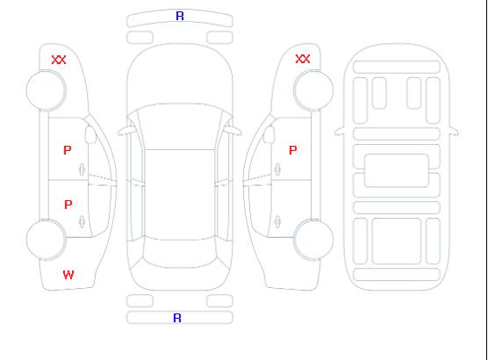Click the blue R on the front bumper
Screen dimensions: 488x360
pyautogui.click(x=180, y=16)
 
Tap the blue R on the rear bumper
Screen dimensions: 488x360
pyautogui.click(x=177, y=318)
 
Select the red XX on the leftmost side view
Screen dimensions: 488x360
pyautogui.click(x=59, y=60)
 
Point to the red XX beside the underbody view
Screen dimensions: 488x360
pyautogui.click(x=303, y=59)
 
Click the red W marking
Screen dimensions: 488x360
pyautogui.click(x=68, y=275)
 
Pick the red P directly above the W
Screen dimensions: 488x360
pyautogui.click(x=68, y=205)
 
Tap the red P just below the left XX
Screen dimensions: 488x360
pyautogui.click(x=68, y=150)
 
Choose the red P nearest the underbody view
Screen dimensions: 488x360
pyautogui.click(x=293, y=150)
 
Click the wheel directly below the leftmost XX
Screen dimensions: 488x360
pyautogui.click(x=46, y=90)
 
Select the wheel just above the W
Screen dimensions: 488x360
pyautogui.click(x=46, y=240)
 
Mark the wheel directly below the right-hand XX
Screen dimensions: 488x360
pyautogui.click(x=313, y=90)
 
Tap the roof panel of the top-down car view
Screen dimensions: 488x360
pyautogui.click(x=180, y=195)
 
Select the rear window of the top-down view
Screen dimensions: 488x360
pyautogui.click(x=180, y=254)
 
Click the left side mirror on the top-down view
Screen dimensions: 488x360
pyautogui.click(x=126, y=131)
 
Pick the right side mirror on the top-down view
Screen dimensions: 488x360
pyautogui.click(x=234, y=131)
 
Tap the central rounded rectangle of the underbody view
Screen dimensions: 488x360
pyautogui.click(x=397, y=170)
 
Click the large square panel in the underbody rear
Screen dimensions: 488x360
pyautogui.click(x=397, y=241)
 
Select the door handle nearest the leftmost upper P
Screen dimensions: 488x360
pyautogui.click(x=83, y=169)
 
